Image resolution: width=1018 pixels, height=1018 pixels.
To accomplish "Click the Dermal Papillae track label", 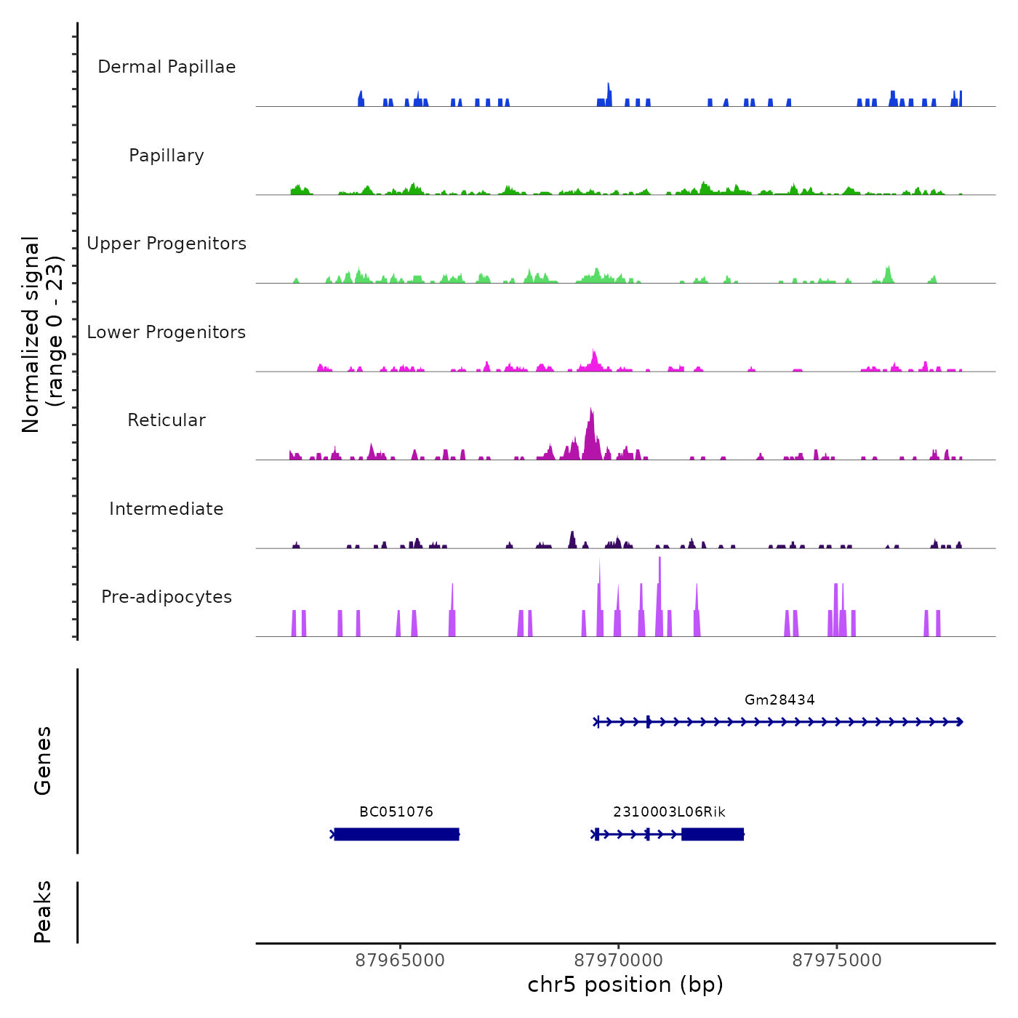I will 167,67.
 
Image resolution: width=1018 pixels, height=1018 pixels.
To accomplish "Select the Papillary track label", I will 167,156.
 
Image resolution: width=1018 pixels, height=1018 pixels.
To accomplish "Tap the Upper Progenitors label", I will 167,244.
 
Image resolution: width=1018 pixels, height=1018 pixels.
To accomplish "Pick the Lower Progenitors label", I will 167,332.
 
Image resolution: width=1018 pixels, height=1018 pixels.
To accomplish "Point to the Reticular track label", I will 167,420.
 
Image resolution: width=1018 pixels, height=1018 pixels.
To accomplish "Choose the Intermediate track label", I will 167,509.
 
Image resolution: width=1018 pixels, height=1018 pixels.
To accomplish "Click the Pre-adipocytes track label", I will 167,597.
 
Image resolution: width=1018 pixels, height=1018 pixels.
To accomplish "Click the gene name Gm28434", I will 779,700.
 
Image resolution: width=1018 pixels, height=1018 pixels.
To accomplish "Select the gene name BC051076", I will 396,812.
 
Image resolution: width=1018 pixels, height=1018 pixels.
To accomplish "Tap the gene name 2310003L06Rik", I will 669,812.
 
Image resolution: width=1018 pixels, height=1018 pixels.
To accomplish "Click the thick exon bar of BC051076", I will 397,834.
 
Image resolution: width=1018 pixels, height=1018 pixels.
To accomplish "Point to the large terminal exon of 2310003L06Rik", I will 713,834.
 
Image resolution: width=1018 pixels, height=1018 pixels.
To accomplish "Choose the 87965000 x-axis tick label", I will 400,961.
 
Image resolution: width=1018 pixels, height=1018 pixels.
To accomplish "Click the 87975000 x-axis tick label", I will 836,961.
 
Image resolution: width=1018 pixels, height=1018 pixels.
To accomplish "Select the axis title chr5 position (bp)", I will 625,985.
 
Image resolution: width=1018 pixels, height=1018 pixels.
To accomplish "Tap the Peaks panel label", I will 43,912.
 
